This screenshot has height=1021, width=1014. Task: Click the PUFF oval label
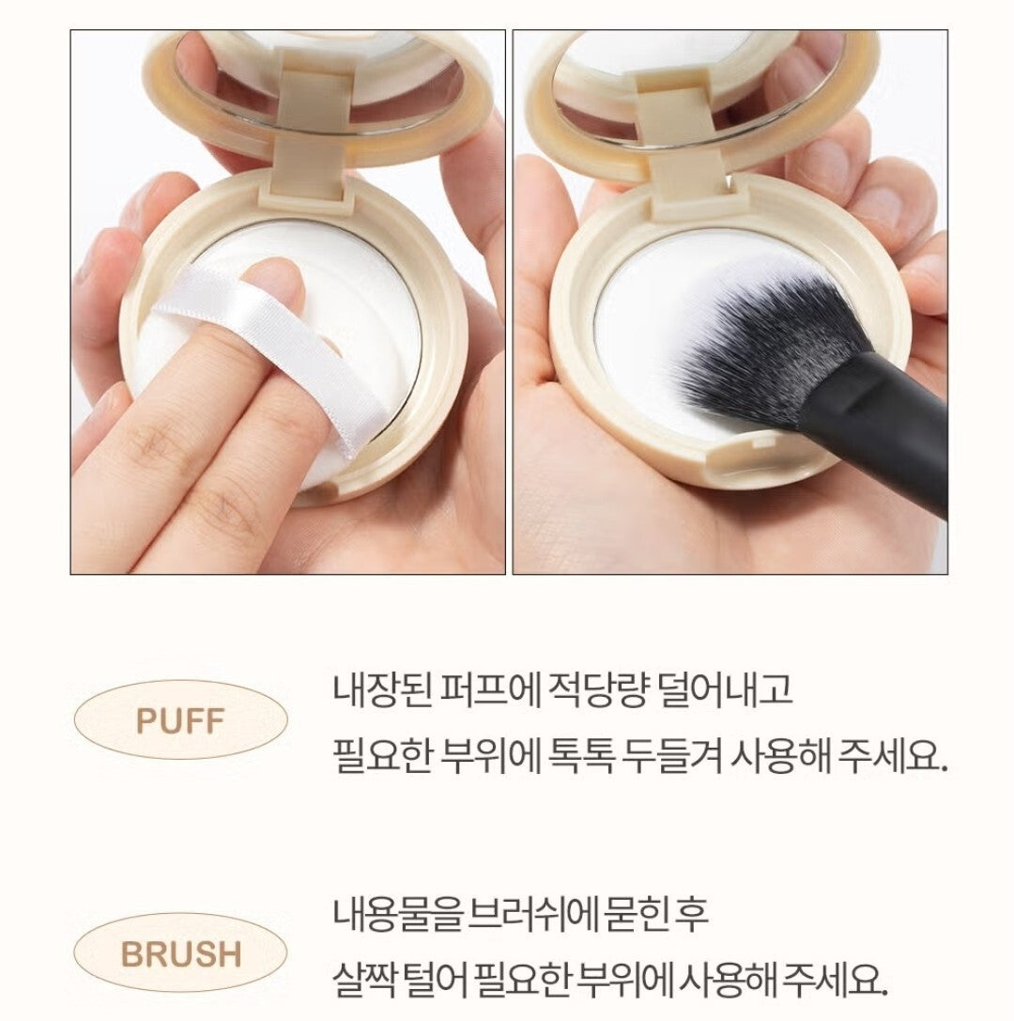(180, 721)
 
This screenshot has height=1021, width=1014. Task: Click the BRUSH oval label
(180, 954)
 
